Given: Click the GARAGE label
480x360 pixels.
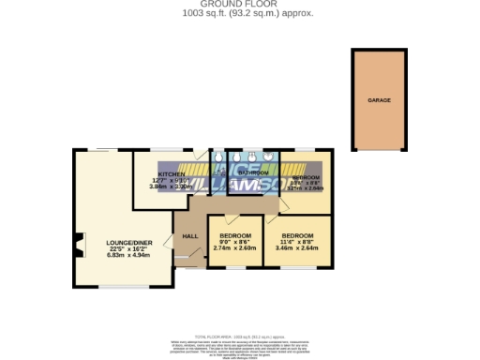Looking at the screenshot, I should coord(379,99).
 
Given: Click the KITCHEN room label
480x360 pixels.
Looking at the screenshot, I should coord(170,174).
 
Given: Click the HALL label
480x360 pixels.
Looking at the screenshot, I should coord(189,235).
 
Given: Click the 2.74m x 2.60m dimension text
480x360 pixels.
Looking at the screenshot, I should coord(235,248).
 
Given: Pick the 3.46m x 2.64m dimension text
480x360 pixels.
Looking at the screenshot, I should coord(298,248).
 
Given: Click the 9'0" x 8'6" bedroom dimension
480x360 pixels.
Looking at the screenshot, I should coord(235,242).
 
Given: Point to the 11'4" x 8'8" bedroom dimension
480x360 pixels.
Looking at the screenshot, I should coord(298,242).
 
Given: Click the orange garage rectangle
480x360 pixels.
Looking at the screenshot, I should coord(379,122).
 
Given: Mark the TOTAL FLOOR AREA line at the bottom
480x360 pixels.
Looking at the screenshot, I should coord(239,336).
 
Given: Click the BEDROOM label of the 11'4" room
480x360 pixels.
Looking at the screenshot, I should coord(298,234).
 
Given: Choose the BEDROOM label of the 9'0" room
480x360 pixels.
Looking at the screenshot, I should coord(235,234).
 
